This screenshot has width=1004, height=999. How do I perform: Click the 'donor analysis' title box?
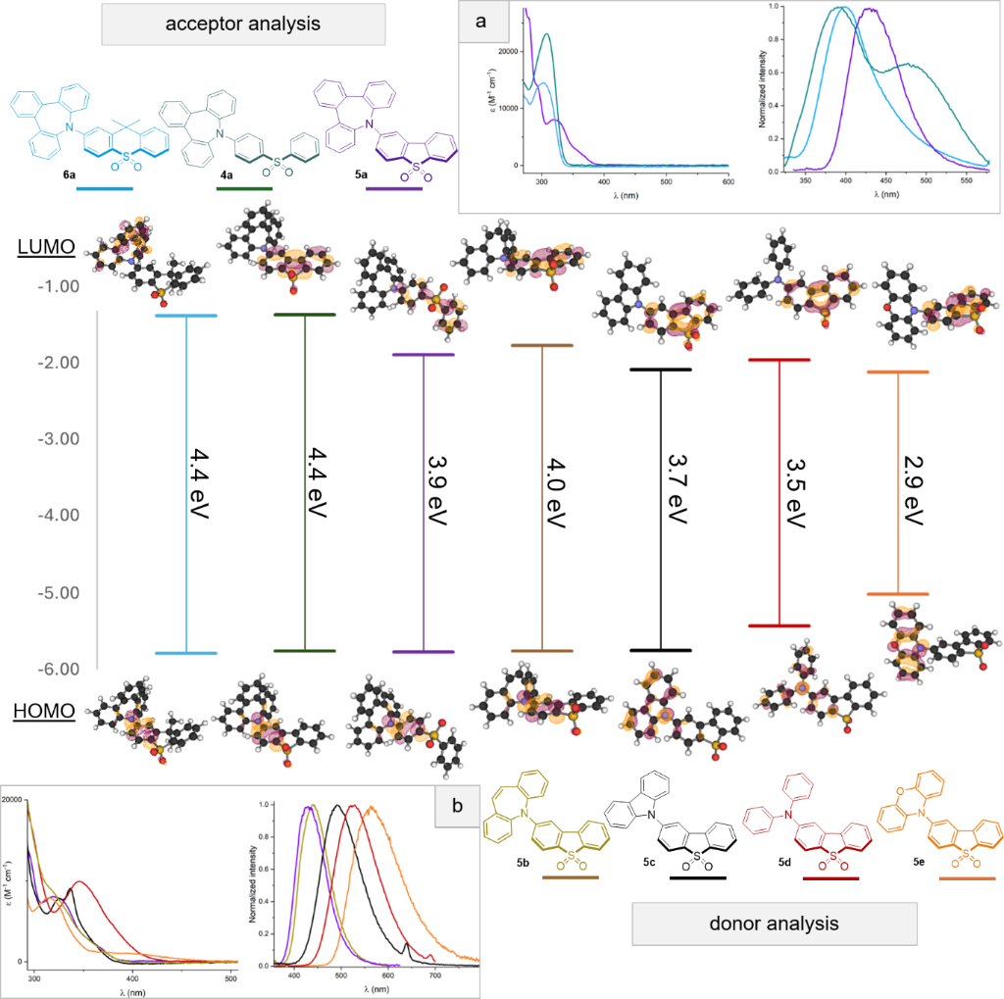pyautogui.click(x=775, y=923)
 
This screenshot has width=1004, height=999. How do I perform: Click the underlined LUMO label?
pyautogui.click(x=45, y=248)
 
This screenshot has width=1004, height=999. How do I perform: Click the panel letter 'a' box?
pyautogui.click(x=482, y=23)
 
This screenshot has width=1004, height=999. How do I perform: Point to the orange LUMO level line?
pyautogui.click(x=897, y=373)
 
